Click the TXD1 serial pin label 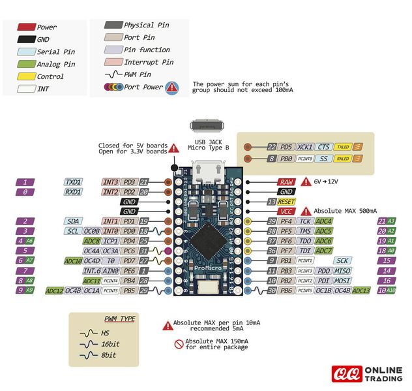[x=74, y=182]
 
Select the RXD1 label [x=74, y=192]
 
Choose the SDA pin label [x=74, y=221]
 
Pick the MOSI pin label [x=343, y=280]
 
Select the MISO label [x=343, y=270]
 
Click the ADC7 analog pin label [x=324, y=251]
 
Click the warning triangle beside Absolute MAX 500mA [x=306, y=211]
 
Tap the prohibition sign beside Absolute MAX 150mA [x=178, y=343]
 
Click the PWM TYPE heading [x=119, y=319]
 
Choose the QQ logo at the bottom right [x=346, y=373]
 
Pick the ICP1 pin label [x=110, y=241]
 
